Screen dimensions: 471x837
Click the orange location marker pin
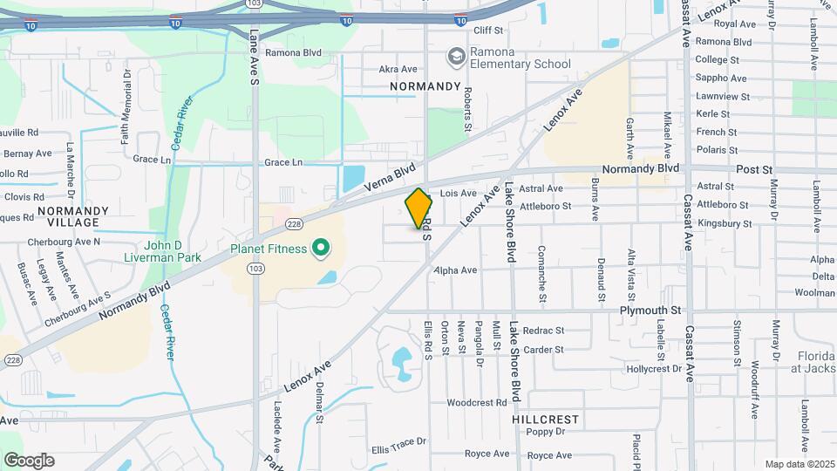(419, 208)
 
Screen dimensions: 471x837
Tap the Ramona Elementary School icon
(455, 58)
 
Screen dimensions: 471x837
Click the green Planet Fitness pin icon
(320, 249)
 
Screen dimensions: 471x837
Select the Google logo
(29, 460)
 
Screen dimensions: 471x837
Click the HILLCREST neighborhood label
(546, 420)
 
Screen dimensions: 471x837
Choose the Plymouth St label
(650, 311)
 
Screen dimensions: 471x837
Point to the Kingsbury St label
(725, 223)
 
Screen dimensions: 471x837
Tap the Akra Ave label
(398, 69)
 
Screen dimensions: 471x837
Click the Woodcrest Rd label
(476, 403)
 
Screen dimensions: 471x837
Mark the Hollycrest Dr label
(654, 369)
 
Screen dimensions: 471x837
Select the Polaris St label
(717, 150)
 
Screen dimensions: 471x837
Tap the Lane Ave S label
(255, 58)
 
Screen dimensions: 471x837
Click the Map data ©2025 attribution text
(798, 464)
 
